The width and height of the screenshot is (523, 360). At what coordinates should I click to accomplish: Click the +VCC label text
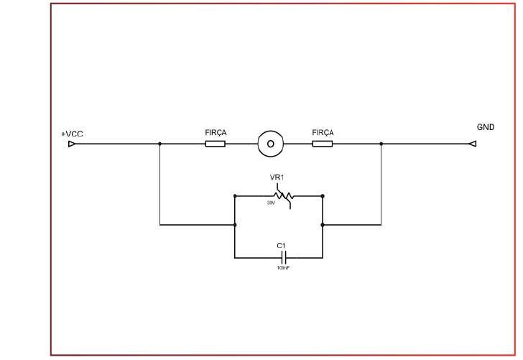coord(73,134)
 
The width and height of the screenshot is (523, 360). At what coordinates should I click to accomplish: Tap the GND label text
coord(486,126)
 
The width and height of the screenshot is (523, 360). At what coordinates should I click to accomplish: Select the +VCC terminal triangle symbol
coord(72,144)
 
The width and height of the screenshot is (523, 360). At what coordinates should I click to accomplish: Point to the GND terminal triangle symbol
coord(472,144)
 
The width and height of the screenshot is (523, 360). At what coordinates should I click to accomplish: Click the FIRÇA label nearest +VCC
coord(216,133)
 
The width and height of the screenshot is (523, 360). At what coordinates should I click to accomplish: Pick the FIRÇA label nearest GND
coord(323,133)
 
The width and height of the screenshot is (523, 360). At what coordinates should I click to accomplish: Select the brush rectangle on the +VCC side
coord(215,144)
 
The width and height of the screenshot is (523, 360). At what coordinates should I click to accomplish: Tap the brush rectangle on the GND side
coord(323,144)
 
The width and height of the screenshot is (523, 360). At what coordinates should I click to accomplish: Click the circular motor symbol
coord(270,144)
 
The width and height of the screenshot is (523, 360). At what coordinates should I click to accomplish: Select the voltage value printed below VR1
coord(271,203)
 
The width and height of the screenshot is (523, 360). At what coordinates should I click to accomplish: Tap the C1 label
coord(281,246)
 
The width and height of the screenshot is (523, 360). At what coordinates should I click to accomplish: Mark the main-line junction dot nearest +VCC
coord(159,144)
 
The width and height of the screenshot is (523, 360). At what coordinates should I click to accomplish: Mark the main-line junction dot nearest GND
coord(381,144)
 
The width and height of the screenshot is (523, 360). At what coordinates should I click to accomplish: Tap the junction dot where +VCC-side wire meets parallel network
coord(235,225)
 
